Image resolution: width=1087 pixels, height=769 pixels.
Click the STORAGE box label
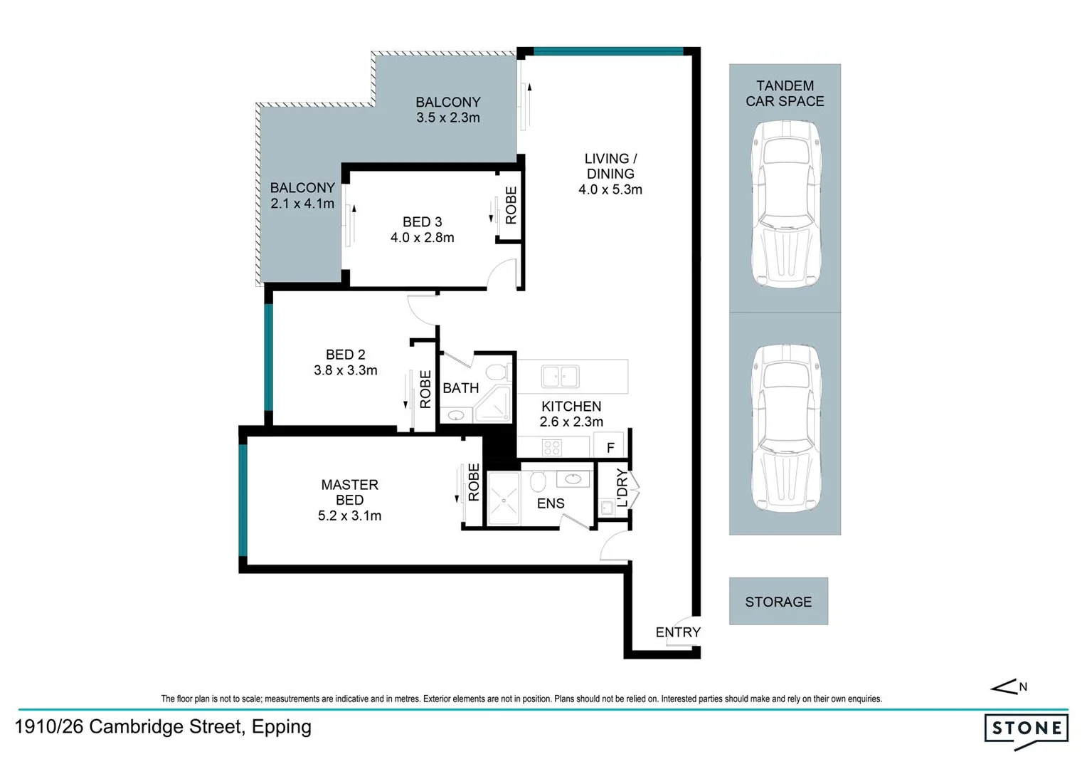778,602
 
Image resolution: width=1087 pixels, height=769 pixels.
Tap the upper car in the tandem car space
785,204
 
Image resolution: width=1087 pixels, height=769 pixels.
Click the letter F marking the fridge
610,447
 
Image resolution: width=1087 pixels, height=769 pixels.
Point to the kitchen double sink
560,377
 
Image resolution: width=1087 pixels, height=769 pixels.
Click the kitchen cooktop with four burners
552,447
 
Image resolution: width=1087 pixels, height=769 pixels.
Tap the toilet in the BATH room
497,372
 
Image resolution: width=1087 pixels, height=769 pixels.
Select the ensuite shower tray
504,499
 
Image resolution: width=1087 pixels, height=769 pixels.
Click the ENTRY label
678,632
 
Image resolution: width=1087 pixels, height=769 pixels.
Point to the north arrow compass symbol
1008,686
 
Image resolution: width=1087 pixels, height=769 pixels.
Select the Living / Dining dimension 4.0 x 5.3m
610,189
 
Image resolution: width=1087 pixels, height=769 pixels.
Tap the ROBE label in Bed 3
511,206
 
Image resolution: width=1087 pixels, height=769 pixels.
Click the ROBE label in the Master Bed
474,482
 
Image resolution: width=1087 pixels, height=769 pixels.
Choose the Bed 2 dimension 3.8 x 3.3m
346,370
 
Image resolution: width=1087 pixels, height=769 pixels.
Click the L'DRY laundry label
622,487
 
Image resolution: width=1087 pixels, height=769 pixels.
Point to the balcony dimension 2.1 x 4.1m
302,204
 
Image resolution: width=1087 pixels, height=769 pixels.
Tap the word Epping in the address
282,727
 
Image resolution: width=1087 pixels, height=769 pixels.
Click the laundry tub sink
607,508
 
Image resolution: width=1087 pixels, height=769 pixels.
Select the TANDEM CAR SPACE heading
785,93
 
